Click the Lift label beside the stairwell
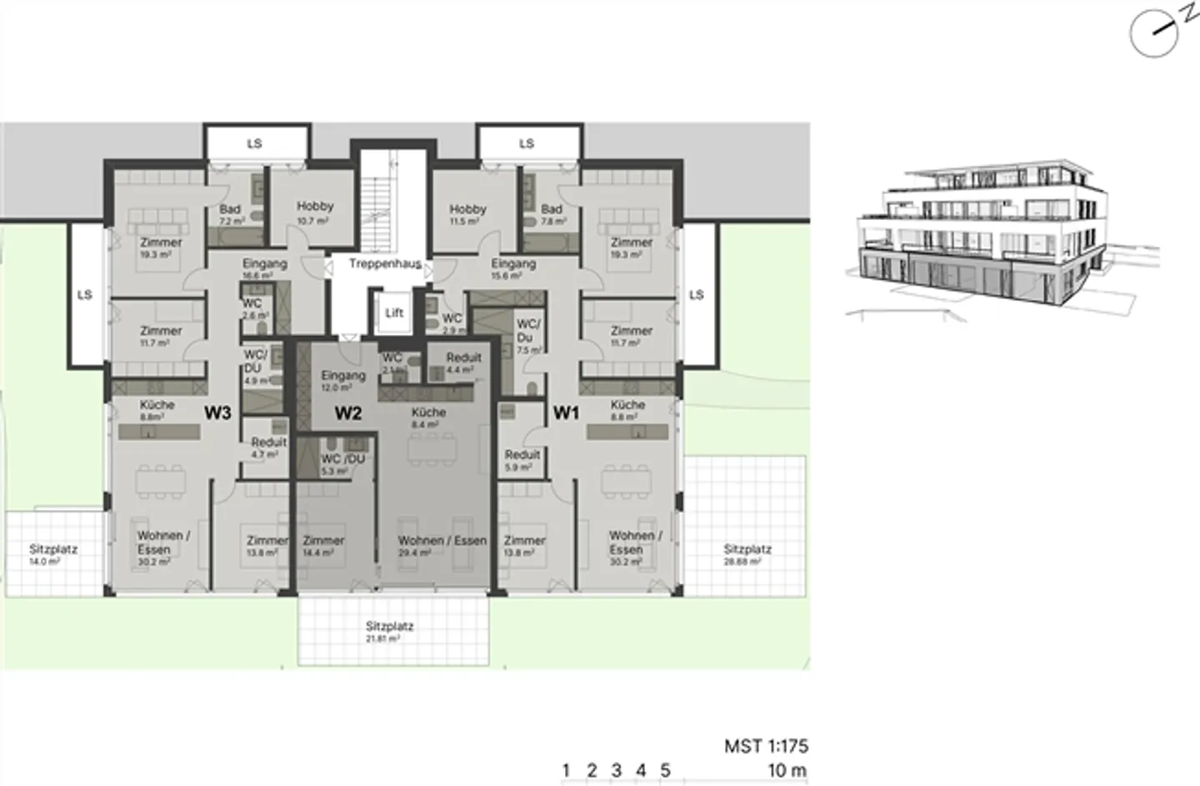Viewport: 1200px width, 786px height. coord(394,313)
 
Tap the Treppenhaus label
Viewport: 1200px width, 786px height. coord(384,264)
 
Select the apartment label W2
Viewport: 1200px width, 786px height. coord(347,413)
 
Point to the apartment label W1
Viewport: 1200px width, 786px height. coord(566,412)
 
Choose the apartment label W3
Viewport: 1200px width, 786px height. coord(218,412)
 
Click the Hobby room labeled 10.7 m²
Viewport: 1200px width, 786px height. coord(315,211)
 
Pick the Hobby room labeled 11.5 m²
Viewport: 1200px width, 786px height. coord(467,214)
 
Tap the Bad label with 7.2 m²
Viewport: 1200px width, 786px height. coord(231,214)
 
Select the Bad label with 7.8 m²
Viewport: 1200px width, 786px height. coord(552,214)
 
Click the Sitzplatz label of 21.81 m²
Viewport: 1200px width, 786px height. coord(389,631)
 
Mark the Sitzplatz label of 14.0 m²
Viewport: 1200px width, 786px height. coord(53,554)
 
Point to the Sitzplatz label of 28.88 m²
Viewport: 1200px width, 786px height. coord(747,554)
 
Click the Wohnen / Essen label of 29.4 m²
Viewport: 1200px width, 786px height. coord(442,545)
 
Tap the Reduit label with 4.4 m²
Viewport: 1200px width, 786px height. coord(463,363)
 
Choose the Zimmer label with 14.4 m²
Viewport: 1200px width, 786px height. coord(323,545)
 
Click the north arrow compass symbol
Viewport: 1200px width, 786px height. coord(1154,33)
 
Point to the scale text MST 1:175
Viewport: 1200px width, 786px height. coord(766,746)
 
